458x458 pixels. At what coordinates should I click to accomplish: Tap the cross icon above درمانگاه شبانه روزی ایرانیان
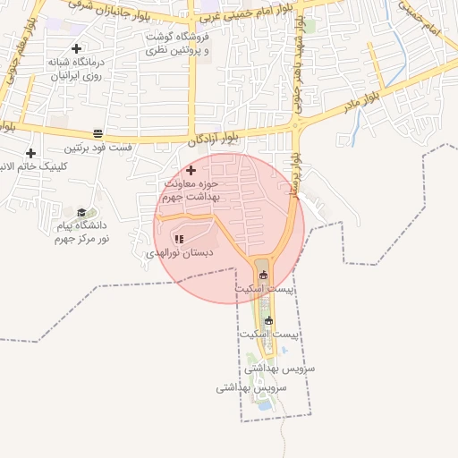click(x=76, y=48)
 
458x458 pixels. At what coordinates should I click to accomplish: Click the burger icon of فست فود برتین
click(x=98, y=134)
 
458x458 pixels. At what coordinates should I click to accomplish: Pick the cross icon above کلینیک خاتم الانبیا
click(x=30, y=154)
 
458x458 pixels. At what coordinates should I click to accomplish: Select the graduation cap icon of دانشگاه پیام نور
click(x=82, y=212)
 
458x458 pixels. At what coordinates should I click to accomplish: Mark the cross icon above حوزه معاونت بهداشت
click(x=191, y=170)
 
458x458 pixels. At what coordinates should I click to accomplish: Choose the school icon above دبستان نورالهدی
click(x=179, y=239)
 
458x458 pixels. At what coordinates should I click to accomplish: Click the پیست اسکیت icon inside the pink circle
click(x=262, y=275)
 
